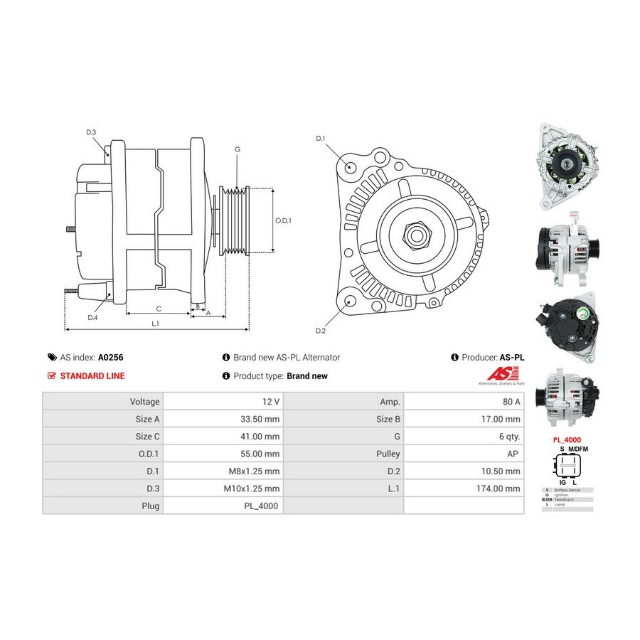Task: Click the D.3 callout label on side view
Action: coord(91,132)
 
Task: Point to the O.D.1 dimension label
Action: coord(283,220)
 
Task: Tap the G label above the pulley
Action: coord(237,149)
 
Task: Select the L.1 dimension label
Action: coord(155,324)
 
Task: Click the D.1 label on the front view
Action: coord(320,138)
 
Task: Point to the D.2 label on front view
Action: coord(320,331)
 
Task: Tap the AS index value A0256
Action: coord(111,358)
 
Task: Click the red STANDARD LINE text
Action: coord(92,376)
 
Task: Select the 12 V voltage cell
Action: coord(270,402)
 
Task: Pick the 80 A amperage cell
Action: coord(511,402)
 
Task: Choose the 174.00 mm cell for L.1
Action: coord(499,489)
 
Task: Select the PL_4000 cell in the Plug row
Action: coord(263,506)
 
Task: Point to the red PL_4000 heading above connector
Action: coord(567,440)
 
